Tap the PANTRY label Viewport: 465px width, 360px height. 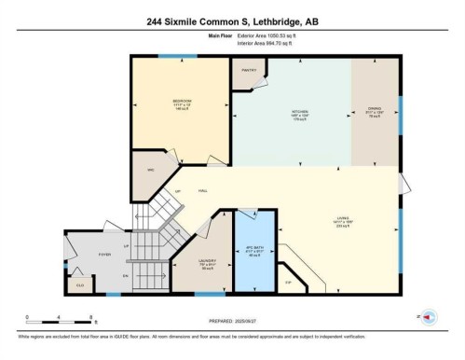click(249, 69)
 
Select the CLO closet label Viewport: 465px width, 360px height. click(81, 284)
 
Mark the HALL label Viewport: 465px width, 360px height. click(202, 191)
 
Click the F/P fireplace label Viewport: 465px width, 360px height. click(289, 281)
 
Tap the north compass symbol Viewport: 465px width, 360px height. click(427, 318)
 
